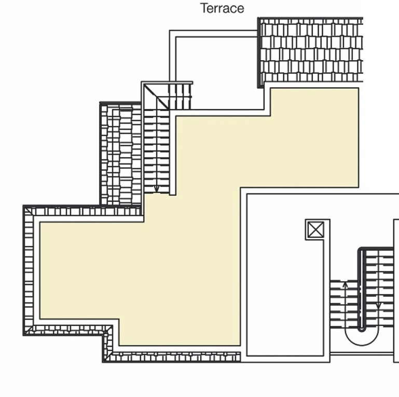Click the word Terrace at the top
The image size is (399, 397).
[x=222, y=8]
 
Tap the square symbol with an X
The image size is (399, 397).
[x=315, y=229]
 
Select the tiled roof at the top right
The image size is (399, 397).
[x=310, y=50]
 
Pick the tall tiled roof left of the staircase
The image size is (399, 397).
[x=121, y=154]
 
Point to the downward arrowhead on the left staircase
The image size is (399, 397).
[x=157, y=189]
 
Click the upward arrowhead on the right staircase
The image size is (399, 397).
[x=345, y=284]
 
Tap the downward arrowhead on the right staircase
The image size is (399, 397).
[x=378, y=305]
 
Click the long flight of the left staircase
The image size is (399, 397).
[x=157, y=150]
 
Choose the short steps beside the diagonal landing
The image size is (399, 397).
[x=180, y=97]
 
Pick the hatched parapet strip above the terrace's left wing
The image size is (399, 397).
[x=88, y=211]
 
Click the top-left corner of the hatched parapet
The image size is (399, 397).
[x=28, y=211]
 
